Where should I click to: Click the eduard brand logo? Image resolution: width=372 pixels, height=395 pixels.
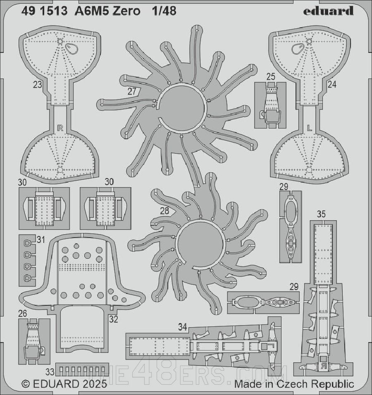click(x=328, y=11)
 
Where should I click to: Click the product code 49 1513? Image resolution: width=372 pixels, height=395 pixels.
click(x=44, y=11)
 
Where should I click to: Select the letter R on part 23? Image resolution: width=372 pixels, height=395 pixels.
click(x=60, y=128)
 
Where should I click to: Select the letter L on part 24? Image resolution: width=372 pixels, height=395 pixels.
click(x=310, y=128)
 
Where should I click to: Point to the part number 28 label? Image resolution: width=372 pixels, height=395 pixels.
click(x=165, y=211)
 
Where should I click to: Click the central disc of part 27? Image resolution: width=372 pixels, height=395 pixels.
click(x=181, y=107)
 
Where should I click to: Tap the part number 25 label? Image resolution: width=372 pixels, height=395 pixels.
click(x=271, y=77)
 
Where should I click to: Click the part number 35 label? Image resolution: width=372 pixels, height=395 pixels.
click(x=321, y=214)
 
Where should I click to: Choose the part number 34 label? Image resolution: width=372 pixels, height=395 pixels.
click(x=182, y=327)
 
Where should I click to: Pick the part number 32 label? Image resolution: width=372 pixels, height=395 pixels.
click(x=114, y=319)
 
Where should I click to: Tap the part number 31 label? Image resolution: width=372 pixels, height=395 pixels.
click(x=41, y=240)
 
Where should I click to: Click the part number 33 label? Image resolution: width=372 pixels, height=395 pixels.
click(x=50, y=372)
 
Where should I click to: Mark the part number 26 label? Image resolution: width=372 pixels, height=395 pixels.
click(x=23, y=314)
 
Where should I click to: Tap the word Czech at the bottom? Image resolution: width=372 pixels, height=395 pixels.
click(x=293, y=384)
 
